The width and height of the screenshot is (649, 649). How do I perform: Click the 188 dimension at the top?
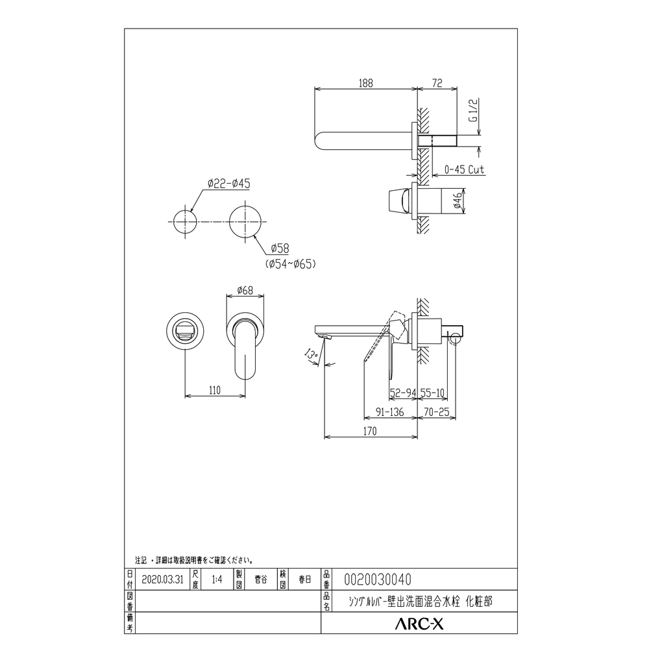(x=365, y=83)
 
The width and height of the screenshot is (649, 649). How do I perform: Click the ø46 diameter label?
(x=458, y=201)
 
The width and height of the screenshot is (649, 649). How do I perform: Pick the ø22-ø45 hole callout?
(x=228, y=184)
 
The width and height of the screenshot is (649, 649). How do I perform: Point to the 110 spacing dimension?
(x=215, y=390)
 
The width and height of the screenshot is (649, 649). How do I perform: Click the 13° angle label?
(x=312, y=354)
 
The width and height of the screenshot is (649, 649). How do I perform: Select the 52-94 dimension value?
(x=402, y=393)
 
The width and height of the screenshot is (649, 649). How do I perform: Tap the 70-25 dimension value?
(x=436, y=410)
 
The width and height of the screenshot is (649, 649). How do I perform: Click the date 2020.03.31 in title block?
(x=159, y=579)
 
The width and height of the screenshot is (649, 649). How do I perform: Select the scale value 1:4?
(x=217, y=579)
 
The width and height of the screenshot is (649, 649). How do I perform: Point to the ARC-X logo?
(x=419, y=624)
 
